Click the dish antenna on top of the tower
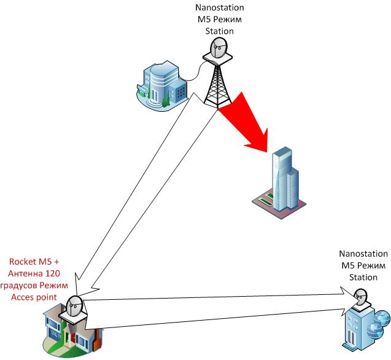218,49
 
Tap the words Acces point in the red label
34,297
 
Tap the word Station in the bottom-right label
363,277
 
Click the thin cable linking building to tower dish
195,72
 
